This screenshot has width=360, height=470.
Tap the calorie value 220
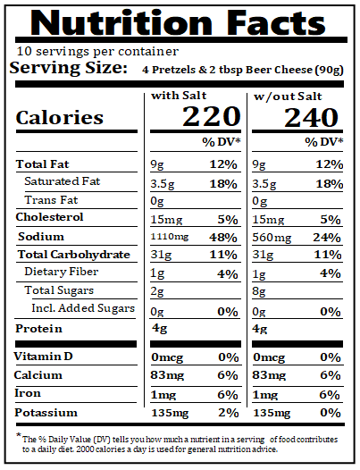click(x=212, y=117)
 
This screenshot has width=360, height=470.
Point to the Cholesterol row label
click(x=50, y=217)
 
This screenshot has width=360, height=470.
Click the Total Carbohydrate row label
click(x=72, y=255)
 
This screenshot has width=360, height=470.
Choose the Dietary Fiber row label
click(x=62, y=272)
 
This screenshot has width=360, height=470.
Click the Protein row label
click(x=40, y=328)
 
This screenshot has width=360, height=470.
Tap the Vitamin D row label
click(x=46, y=357)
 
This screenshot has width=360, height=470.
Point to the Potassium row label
click(x=47, y=413)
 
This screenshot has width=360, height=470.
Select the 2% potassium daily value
click(x=230, y=413)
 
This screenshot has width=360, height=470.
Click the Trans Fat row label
click(x=51, y=200)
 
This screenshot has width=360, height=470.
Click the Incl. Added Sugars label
click(x=83, y=309)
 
